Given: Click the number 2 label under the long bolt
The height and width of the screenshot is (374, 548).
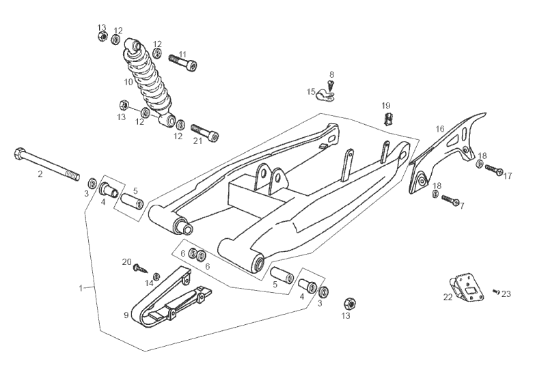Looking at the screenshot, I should (40, 175).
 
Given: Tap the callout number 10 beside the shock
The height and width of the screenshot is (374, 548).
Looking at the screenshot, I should (128, 82).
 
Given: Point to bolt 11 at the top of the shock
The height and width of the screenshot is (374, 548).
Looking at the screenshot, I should (182, 61).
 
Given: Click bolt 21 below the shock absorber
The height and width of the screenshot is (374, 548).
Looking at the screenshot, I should (204, 132).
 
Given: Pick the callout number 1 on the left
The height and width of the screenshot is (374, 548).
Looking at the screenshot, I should (81, 289).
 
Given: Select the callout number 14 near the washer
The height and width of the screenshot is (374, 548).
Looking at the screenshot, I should (150, 283).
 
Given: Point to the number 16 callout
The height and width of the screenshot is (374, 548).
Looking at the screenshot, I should (440, 128).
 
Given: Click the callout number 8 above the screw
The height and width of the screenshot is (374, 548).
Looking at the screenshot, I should (331, 74).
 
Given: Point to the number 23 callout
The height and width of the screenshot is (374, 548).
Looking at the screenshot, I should (506, 294).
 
